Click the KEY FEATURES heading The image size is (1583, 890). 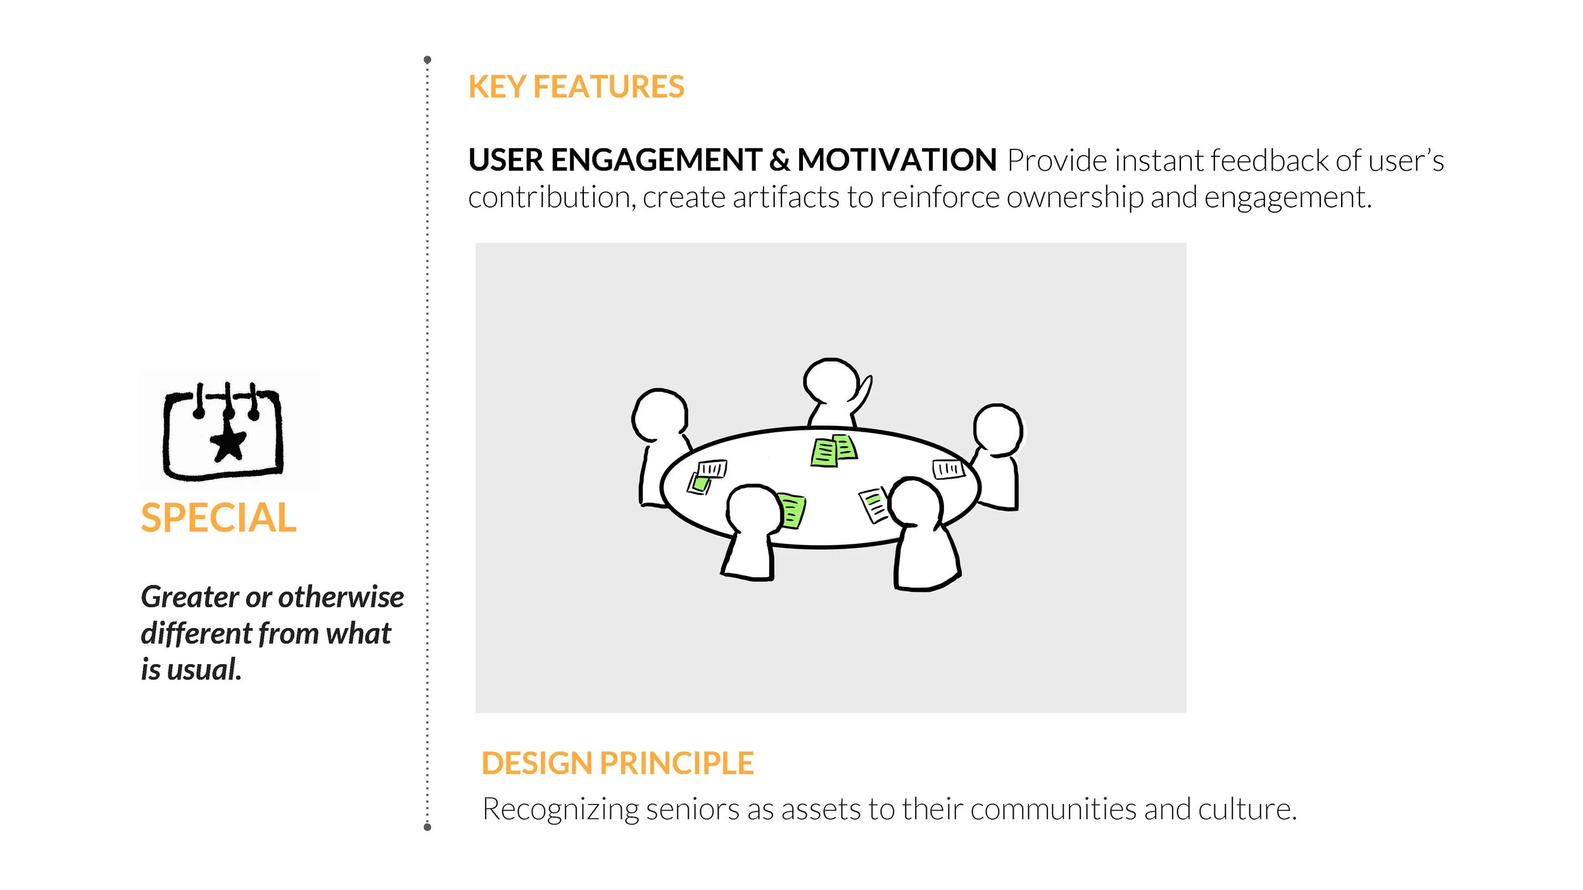click(x=576, y=87)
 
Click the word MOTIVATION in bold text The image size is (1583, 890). click(x=897, y=160)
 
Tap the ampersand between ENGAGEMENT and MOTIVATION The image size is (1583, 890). click(x=779, y=160)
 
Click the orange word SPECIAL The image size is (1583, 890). click(x=218, y=518)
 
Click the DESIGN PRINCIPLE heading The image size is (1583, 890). click(x=617, y=763)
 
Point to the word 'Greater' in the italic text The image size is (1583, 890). click(x=189, y=597)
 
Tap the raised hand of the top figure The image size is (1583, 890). click(x=864, y=391)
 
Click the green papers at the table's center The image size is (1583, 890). click(x=834, y=451)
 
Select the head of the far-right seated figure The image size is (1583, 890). click(x=997, y=429)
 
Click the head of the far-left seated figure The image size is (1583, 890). click(x=660, y=415)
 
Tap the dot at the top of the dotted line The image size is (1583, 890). click(x=427, y=60)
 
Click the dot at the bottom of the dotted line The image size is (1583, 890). click(x=427, y=827)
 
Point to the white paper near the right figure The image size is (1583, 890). click(x=948, y=469)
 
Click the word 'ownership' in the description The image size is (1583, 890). click(x=1075, y=197)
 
